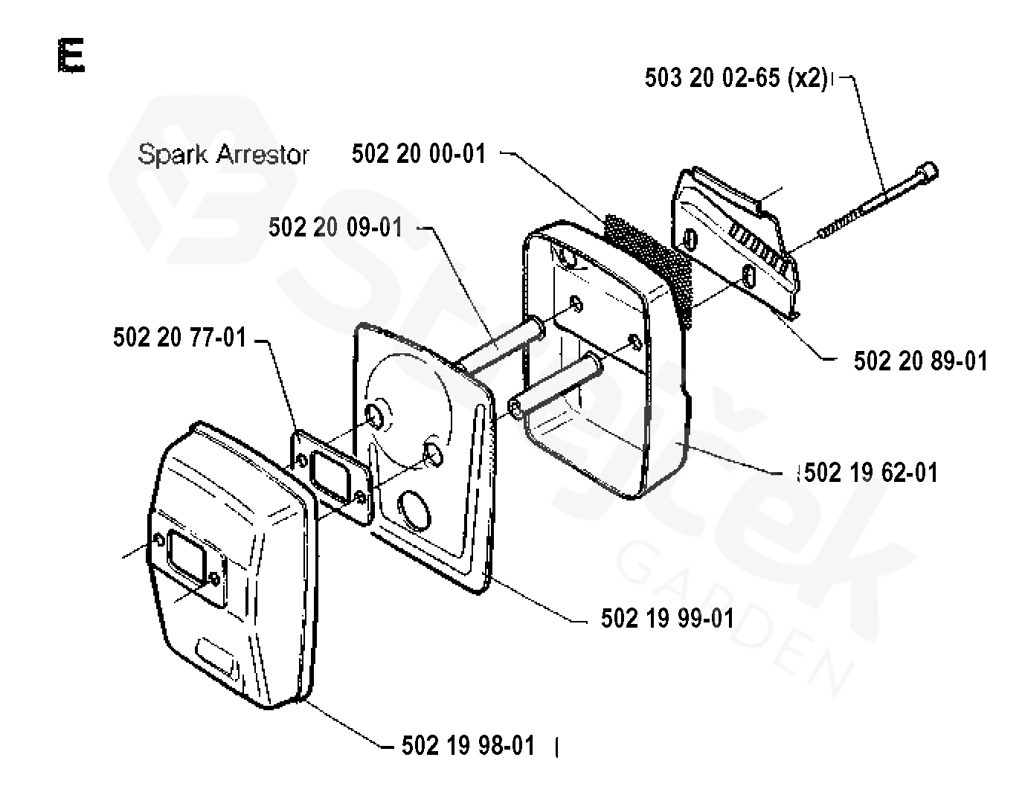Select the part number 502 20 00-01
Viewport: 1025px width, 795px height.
419,154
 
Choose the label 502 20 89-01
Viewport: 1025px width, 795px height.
920,361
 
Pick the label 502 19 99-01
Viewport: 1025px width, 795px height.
667,618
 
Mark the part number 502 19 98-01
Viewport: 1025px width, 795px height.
468,745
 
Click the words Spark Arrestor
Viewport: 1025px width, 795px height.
223,155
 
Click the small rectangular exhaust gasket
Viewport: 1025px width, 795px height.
331,476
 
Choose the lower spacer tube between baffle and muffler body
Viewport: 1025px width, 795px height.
554,384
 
